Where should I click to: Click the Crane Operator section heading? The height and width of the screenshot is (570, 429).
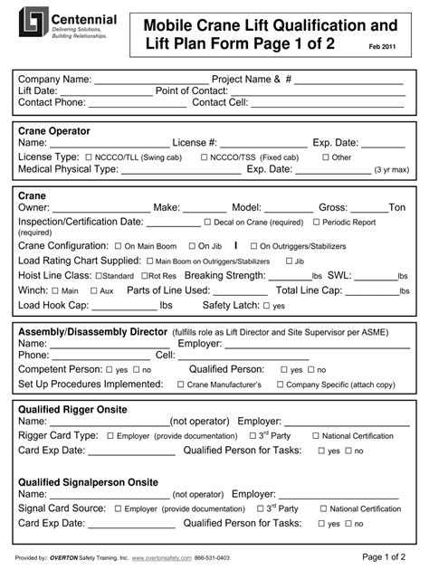click(54, 131)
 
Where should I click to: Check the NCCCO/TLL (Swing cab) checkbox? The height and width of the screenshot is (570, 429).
click(89, 157)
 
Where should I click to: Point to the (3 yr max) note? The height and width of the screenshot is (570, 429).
click(391, 169)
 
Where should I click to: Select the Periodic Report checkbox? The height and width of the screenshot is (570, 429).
click(316, 222)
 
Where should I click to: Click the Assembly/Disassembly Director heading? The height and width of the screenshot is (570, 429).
click(93, 331)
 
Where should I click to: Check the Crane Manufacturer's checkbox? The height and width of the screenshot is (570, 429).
click(179, 385)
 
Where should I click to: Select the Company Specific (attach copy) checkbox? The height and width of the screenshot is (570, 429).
click(279, 385)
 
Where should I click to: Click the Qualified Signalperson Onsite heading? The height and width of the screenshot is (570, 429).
click(88, 482)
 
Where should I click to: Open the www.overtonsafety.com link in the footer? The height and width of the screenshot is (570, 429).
click(162, 558)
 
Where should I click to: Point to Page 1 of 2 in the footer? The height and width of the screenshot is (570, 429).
click(384, 556)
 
